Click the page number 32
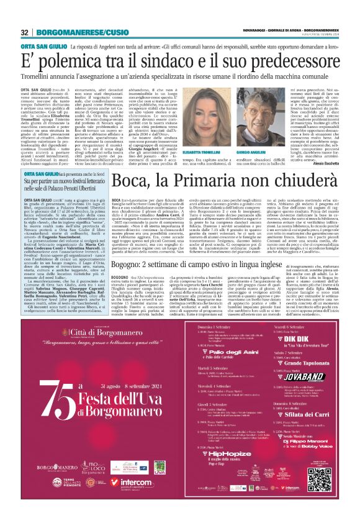(24, 32)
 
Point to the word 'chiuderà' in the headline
(304, 180)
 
